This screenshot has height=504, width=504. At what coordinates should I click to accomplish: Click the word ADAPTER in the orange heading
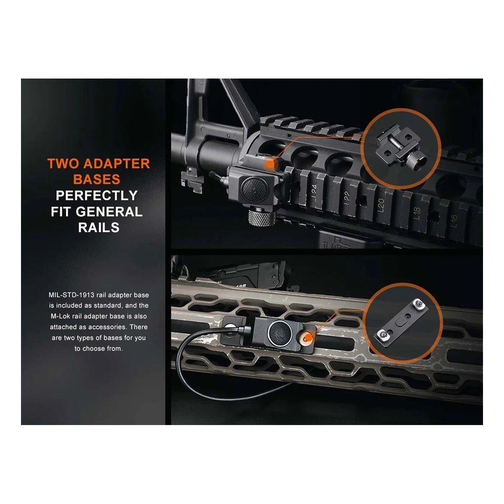[x=116, y=164]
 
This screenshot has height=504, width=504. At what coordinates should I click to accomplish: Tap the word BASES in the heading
[x=97, y=179]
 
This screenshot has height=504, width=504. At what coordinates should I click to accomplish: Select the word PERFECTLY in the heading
[x=97, y=195]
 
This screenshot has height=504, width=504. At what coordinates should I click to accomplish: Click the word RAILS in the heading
[x=99, y=227]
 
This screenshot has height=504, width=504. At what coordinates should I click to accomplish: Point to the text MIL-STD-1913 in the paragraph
[x=71, y=295]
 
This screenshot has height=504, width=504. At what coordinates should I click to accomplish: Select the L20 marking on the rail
[x=381, y=205]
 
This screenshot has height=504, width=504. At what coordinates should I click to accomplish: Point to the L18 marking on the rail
[x=417, y=213]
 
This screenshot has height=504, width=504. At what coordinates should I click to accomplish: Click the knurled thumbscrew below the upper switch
[x=262, y=217]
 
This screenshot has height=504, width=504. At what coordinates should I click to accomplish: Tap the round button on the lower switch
[x=281, y=332]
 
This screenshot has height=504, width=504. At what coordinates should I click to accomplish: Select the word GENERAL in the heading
[x=109, y=212]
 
